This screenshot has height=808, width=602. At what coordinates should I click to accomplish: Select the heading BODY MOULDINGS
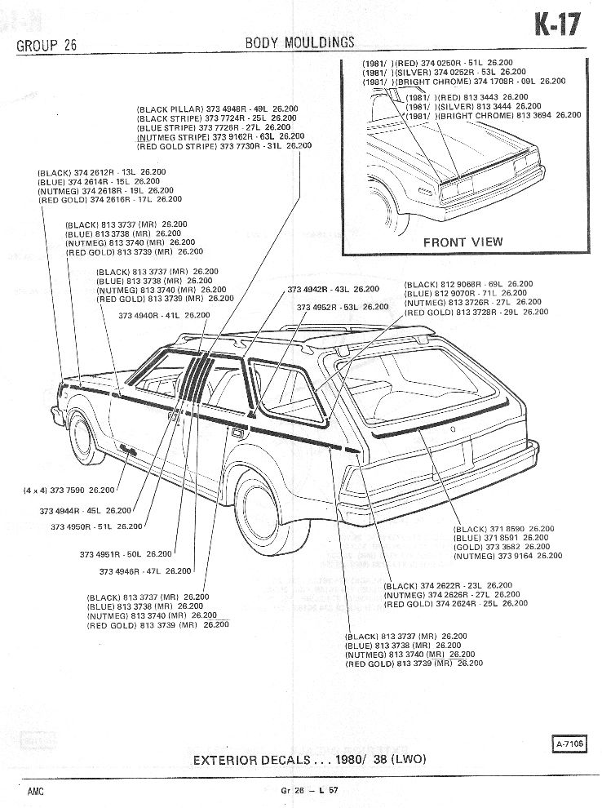pyautogui.click(x=299, y=42)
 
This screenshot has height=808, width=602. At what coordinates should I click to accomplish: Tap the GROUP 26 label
pyautogui.click(x=46, y=45)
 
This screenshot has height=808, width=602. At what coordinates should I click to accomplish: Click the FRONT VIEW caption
pyautogui.click(x=463, y=242)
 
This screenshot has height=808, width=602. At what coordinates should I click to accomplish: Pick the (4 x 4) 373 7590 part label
pyautogui.click(x=69, y=491)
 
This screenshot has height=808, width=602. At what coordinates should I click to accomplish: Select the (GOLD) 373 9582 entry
pyautogui.click(x=494, y=547)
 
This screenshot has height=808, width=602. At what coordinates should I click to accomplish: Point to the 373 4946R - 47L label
pyautogui.click(x=145, y=571)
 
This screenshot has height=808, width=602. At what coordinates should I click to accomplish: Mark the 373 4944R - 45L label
pyautogui.click(x=95, y=511)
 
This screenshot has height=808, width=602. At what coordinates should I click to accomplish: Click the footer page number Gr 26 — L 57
pyautogui.click(x=311, y=791)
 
